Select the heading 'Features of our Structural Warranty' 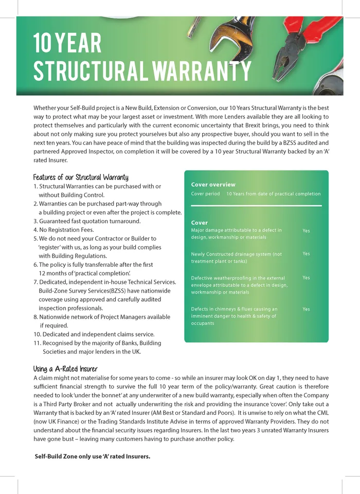(x=81, y=177)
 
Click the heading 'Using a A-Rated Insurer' (x=65, y=369)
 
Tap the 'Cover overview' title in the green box (x=213, y=185)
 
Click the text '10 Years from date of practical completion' (x=273, y=194)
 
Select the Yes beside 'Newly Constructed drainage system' (x=306, y=254)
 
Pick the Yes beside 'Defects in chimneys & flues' (x=306, y=309)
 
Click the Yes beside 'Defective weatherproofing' (x=306, y=278)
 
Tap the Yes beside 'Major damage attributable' (x=306, y=231)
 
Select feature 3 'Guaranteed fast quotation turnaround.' (x=87, y=221)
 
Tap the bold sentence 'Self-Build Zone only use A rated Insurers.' (x=92, y=456)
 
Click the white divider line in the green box (x=256, y=206)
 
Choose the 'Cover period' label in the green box (x=205, y=194)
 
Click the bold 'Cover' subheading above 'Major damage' (x=200, y=223)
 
